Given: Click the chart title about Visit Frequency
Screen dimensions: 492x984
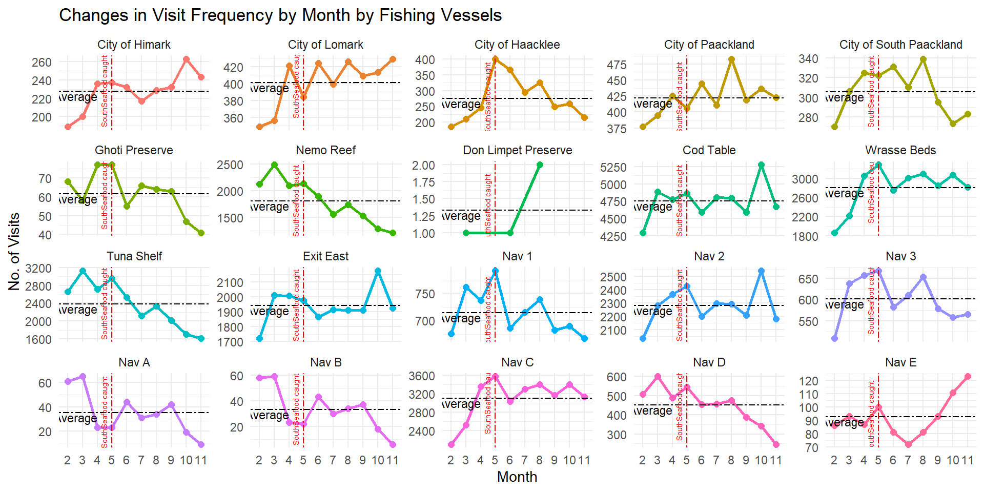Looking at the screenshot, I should pos(280,15).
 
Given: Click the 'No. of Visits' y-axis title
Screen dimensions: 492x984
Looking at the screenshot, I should pos(14,252).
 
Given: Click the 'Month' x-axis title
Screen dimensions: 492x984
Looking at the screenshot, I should pos(517,477).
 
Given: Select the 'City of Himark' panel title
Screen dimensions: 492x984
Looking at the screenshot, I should pos(134,45).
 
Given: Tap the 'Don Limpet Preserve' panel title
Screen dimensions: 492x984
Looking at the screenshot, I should pos(517,150).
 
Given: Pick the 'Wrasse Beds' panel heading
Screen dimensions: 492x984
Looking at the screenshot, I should pos(900,150).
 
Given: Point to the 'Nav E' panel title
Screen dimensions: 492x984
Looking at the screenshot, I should pos(900,362).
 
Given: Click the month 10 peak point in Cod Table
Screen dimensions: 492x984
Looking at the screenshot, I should pos(762,165).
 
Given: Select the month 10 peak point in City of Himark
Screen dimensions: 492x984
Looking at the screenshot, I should pos(186,59).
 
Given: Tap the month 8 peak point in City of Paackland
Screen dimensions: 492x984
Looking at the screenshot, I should pos(732,59).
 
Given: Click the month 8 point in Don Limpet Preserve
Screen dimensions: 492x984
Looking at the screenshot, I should pos(540,165).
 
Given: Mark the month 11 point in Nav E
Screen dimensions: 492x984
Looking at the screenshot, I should pos(968,377).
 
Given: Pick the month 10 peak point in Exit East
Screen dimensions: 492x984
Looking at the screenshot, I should pos(378,271).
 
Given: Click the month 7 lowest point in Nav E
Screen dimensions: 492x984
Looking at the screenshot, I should pos(908,445).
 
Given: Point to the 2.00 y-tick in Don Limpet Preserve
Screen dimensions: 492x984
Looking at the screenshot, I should pos(423,165).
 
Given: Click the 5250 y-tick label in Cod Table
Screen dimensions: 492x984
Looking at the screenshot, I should pos(613,168).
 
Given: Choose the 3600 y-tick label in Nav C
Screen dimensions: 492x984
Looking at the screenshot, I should pos(421,376).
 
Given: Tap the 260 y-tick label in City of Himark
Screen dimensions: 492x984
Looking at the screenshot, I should pos(42,63).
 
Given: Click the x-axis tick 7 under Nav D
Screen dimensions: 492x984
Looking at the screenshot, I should pos(716,460).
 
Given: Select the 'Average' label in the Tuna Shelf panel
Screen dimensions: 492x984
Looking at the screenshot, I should pos(78,310).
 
